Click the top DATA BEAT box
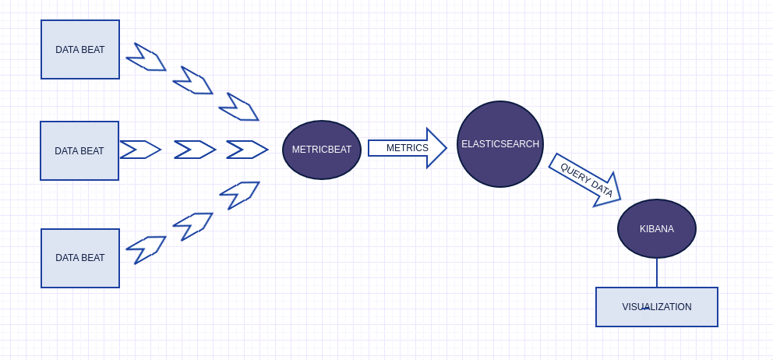(80, 50)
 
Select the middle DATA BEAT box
(79, 151)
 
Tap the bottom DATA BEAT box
(80, 258)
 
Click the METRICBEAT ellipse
(322, 150)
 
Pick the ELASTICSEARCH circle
(500, 144)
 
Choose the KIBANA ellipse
(657, 229)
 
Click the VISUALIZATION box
(657, 307)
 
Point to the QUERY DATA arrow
(585, 180)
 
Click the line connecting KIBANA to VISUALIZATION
(657, 273)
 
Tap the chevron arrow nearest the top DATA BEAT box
(146, 58)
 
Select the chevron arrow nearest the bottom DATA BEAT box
(146, 249)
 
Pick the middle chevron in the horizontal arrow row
(194, 150)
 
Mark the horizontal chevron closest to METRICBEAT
(246, 150)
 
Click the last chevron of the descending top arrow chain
(239, 108)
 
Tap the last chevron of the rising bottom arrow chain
(239, 195)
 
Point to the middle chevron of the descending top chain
(193, 81)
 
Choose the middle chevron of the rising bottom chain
(193, 226)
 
